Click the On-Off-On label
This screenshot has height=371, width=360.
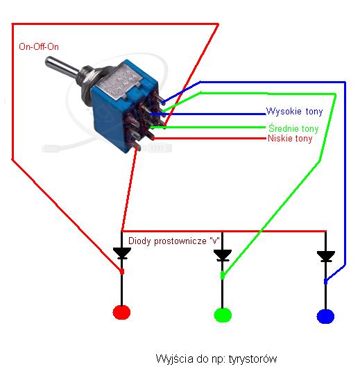39,46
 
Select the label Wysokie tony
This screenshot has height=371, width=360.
294,111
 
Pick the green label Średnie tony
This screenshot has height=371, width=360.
293,128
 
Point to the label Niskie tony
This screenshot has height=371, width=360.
290,139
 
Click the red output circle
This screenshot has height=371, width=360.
121,312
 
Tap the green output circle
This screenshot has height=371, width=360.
223,315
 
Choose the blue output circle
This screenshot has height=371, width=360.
325,316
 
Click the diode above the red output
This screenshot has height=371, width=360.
122,253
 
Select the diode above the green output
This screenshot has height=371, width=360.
223,255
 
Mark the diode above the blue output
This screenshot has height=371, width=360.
326,257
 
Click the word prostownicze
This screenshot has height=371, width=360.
180,241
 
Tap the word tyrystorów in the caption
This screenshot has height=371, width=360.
252,359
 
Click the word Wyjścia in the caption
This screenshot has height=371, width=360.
174,359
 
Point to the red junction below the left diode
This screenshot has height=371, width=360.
122,271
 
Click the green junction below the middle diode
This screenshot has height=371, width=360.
223,275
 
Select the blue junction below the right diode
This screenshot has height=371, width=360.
326,282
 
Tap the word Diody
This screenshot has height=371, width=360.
139,241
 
